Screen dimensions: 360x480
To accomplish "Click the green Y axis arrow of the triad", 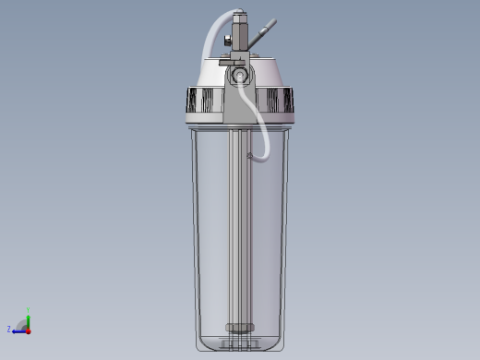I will click(x=28, y=318).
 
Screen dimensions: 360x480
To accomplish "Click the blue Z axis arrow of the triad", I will click(x=19, y=329).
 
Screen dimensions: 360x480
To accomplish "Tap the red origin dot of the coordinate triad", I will click(x=28, y=329).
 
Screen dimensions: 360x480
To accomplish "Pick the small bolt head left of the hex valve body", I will click(x=224, y=39).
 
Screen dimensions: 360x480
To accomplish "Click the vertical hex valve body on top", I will click(x=240, y=37).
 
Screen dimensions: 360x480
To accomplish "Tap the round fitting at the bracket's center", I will click(x=240, y=74).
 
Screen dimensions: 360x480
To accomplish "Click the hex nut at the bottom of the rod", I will click(x=239, y=327).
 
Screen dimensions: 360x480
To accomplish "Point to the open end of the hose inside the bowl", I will click(x=250, y=159).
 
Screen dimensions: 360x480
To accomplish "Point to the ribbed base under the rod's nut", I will click(x=239, y=342).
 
